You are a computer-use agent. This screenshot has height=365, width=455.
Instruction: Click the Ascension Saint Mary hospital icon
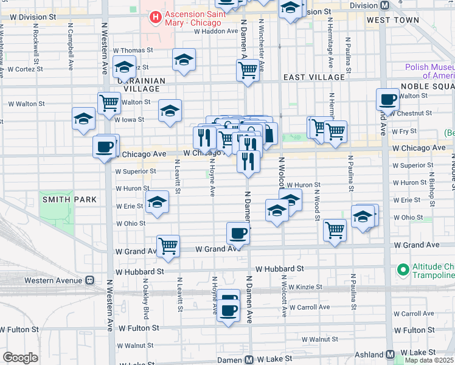click(156, 18)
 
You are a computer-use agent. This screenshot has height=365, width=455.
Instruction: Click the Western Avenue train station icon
click(89, 280)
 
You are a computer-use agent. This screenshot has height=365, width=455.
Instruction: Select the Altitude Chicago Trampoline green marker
click(402, 269)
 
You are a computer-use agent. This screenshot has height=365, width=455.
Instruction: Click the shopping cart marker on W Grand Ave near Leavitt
click(168, 246)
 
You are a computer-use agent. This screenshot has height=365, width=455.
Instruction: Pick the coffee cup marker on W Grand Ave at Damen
click(238, 233)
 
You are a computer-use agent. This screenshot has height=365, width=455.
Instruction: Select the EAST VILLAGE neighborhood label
click(314, 77)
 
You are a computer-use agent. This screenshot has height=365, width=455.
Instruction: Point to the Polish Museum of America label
click(431, 71)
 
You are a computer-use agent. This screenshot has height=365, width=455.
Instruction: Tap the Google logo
click(20, 358)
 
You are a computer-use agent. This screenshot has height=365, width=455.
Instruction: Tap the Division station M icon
click(384, 5)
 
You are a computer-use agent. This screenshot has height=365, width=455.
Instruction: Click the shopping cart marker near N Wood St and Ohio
click(334, 230)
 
